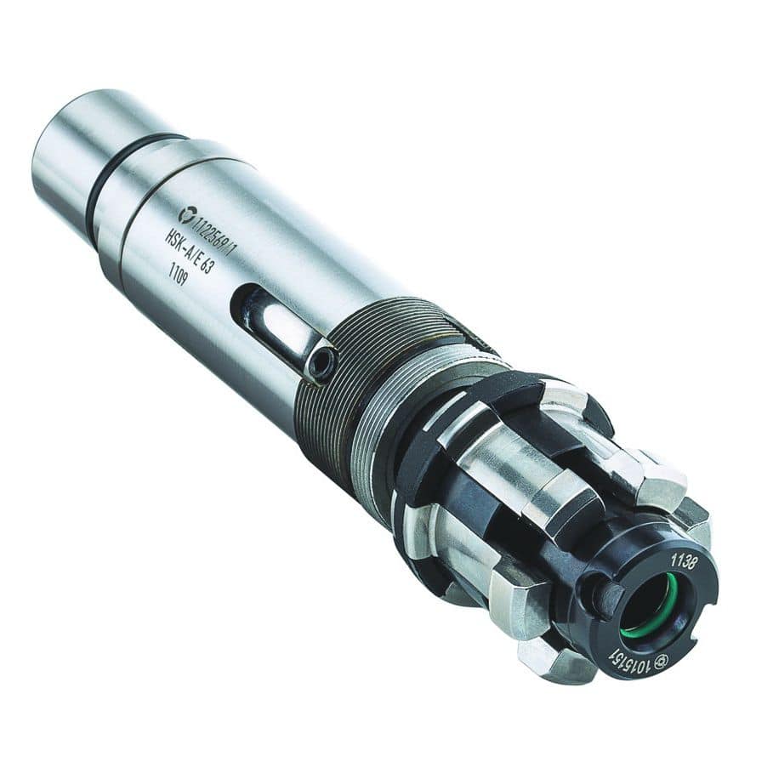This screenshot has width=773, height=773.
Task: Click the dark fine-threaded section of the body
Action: (x=332, y=383)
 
